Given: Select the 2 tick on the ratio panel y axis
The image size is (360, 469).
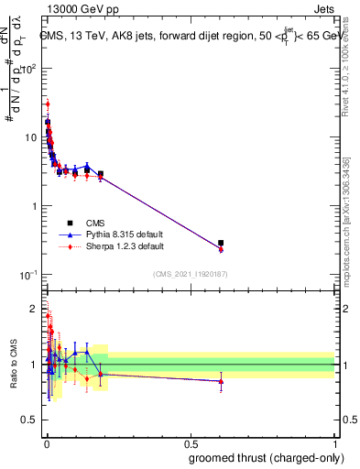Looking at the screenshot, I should [x=33, y=309].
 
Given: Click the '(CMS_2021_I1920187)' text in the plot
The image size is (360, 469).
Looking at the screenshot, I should [x=190, y=274].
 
